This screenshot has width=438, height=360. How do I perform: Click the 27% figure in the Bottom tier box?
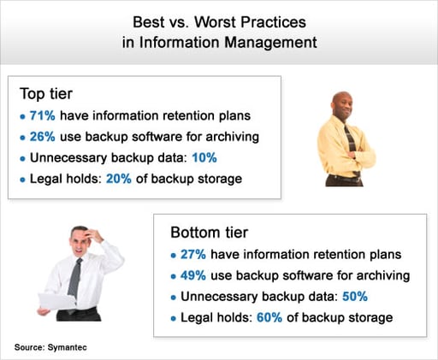click(193, 255)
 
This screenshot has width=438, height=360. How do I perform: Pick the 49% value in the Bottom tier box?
click(193, 275)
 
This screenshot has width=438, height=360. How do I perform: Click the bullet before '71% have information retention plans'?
click(21, 116)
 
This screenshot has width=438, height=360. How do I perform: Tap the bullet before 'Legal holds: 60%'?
click(175, 317)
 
